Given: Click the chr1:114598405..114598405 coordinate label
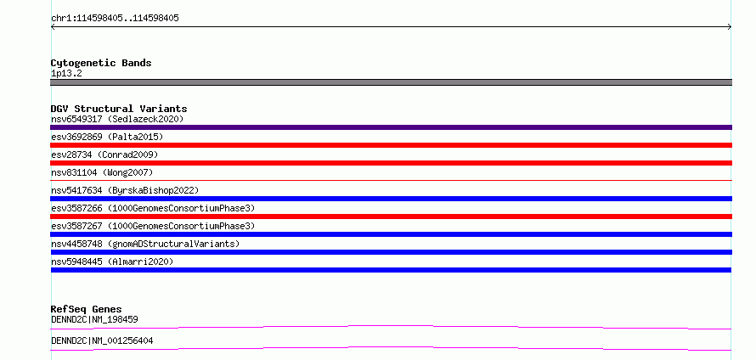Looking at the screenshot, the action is point(115,19).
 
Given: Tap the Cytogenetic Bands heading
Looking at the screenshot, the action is point(101,63).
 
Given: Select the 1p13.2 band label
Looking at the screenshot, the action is point(66,74).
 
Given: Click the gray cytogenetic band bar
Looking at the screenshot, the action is point(391,82).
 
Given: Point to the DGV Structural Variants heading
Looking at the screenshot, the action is point(119,109).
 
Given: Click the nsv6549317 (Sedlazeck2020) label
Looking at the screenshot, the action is point(117,119).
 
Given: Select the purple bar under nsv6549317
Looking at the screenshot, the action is point(391,127).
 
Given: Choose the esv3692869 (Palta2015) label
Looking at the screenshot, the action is point(107,137).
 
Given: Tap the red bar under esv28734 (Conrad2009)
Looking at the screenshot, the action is point(391,163).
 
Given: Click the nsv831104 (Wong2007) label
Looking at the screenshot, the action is point(102,172).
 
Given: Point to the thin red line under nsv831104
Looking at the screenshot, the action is point(391,180).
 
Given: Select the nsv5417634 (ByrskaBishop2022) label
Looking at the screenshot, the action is point(125,190).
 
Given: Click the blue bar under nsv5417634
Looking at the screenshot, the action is point(391,199).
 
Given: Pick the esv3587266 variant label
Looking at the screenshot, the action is point(153,208).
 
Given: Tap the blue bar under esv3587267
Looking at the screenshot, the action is point(391,234).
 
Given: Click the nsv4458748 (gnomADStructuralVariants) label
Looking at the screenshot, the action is point(145,244).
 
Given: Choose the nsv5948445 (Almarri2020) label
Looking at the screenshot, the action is point(112,262).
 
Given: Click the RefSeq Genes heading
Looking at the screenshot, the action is point(87,309).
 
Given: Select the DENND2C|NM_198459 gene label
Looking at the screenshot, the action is point(94,319).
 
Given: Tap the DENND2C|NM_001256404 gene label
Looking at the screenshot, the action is point(102,340).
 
